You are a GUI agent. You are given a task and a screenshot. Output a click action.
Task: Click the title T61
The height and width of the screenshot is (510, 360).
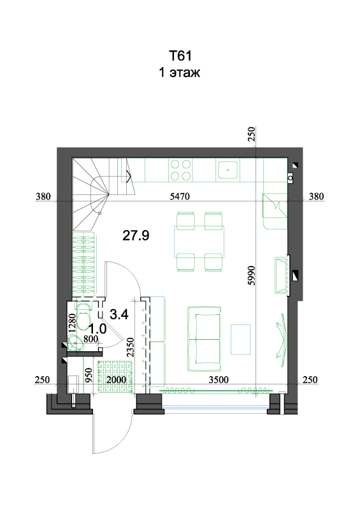[180, 55]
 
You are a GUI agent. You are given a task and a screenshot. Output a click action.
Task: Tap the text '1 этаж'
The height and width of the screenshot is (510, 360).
[179, 72]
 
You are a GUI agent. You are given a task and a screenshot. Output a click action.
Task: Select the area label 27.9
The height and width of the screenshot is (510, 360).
[136, 235]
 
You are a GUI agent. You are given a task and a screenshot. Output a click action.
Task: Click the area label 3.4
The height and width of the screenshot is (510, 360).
[119, 314]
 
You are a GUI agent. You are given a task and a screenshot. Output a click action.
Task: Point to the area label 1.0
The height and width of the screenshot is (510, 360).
[97, 329]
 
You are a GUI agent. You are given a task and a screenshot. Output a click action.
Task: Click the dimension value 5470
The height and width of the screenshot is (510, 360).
[180, 196]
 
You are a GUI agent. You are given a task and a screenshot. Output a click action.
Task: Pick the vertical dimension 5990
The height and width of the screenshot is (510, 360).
[252, 275]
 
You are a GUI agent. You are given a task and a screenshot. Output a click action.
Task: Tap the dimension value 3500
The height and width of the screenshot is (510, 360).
[219, 379]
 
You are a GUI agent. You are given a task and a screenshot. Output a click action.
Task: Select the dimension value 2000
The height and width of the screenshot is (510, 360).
[116, 379]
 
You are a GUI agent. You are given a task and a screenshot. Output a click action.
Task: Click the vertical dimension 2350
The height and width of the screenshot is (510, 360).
[131, 347]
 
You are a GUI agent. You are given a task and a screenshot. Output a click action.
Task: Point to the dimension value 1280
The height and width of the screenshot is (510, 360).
[72, 323]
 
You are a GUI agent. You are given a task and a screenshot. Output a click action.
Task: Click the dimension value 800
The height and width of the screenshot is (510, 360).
[90, 339]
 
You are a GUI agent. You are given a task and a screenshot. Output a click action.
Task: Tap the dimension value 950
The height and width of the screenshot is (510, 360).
[89, 375]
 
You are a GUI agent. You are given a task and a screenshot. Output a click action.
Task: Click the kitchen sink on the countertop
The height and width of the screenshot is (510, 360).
[227, 170]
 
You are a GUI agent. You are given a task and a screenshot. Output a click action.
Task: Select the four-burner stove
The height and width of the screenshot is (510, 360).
[180, 170]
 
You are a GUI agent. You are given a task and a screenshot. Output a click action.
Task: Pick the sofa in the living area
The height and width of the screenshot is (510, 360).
[205, 339]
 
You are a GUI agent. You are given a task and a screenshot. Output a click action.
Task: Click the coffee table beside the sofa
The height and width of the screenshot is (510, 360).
[241, 339]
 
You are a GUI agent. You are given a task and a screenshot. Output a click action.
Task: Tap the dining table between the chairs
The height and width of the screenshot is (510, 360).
[199, 242]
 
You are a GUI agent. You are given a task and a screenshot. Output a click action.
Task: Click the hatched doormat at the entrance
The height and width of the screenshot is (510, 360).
[116, 375]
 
